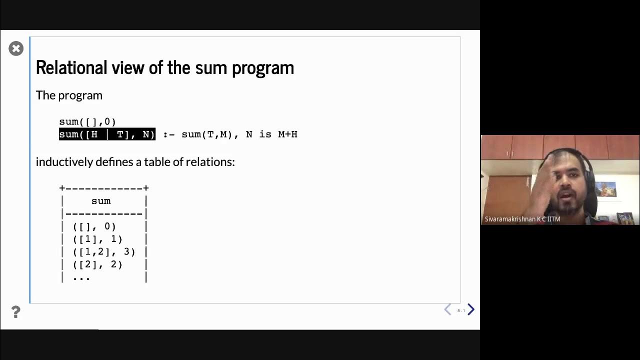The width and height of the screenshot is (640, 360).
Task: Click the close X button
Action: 16,48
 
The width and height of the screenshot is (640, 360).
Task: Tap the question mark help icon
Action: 15,312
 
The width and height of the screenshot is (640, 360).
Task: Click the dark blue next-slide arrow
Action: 470,309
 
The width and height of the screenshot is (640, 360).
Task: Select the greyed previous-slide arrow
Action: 448,309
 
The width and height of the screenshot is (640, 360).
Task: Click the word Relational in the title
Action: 71,67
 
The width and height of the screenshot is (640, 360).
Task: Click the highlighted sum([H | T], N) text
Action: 107,134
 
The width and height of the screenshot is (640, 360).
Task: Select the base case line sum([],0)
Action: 87,121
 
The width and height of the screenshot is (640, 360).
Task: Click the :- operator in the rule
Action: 169,134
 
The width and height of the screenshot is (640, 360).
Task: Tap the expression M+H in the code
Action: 287,134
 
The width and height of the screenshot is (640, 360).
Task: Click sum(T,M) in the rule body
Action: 206,134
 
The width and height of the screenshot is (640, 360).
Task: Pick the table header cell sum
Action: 101,201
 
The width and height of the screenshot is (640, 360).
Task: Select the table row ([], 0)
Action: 94,226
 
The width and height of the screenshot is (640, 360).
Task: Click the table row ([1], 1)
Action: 97,239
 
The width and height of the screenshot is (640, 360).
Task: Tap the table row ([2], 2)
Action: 97,264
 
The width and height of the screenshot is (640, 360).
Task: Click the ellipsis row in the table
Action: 81,277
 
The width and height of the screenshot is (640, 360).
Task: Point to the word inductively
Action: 64,162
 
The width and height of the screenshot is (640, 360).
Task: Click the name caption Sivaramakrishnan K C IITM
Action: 522,219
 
